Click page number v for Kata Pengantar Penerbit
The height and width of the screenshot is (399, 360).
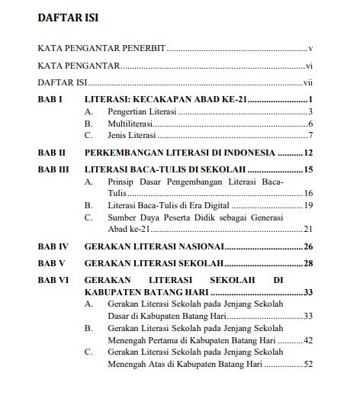coord(311,48)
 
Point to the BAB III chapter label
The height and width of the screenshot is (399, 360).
coord(53,169)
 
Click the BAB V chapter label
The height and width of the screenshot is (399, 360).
coord(51,263)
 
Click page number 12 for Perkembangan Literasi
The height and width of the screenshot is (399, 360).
coord(309,153)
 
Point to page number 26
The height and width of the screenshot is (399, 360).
coord(309,246)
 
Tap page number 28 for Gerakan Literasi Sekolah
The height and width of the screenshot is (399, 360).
coord(309,263)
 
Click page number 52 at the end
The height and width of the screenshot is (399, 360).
coord(309,364)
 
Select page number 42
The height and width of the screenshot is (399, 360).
coord(309,340)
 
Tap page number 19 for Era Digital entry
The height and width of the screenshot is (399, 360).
coord(309,205)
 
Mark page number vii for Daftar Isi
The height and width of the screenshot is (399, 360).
coord(309,82)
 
